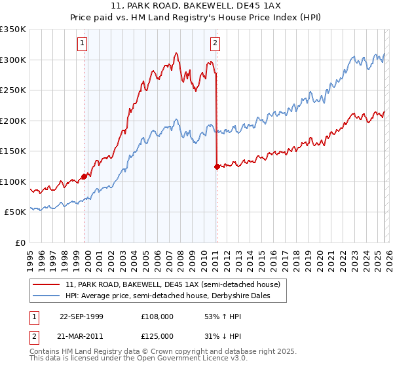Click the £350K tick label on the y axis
(x=13, y=29)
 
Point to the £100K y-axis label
(x=13, y=182)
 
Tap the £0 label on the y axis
(x=21, y=242)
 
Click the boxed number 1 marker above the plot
(x=83, y=44)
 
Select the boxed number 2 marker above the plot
(x=215, y=44)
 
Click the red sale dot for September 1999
(x=84, y=176)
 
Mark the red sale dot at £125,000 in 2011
(x=217, y=166)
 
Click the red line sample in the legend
(x=47, y=284)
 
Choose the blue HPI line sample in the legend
(x=47, y=296)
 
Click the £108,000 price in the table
(x=157, y=317)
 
